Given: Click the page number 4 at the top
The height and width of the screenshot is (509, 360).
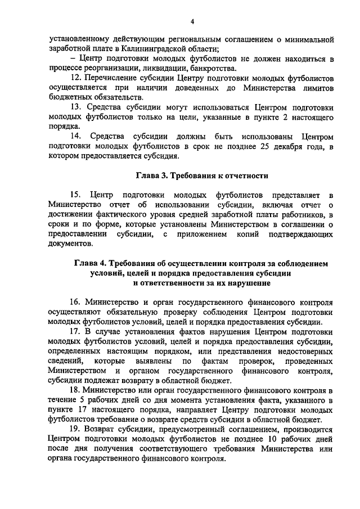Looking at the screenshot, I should [x=192, y=22].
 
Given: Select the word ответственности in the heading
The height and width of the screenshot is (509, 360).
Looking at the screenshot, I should [x=178, y=283].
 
